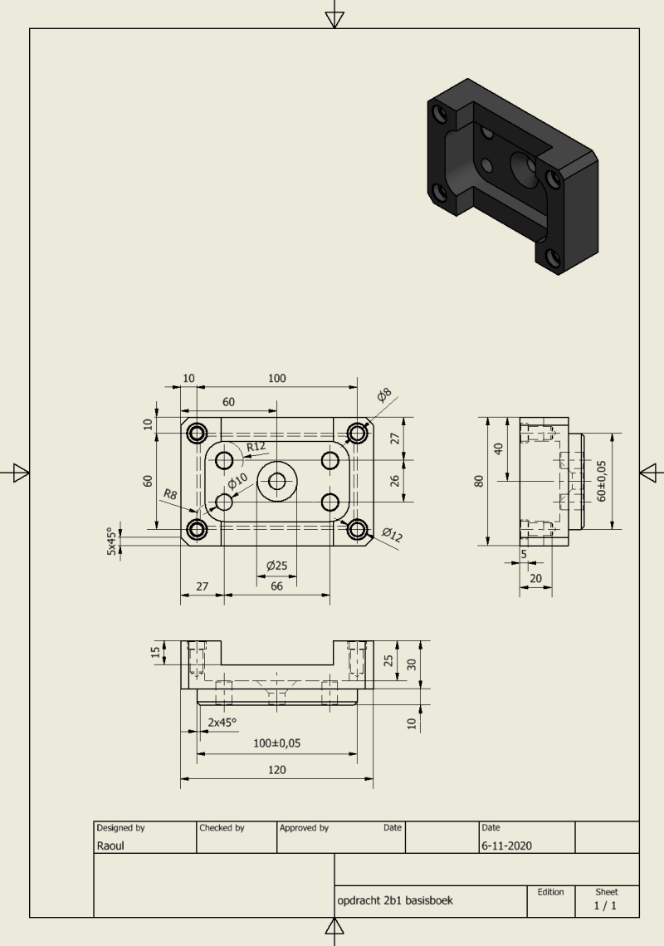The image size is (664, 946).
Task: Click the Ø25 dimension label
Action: (x=277, y=566)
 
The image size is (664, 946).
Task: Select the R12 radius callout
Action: (x=256, y=447)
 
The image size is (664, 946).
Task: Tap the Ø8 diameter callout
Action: (x=384, y=395)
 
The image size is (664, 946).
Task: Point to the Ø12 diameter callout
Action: (x=392, y=534)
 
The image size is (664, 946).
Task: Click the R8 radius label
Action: (x=170, y=494)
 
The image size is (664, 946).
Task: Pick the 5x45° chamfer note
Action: (x=111, y=542)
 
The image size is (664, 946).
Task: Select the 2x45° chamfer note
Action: (x=222, y=723)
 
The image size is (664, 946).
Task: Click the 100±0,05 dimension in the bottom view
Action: (x=277, y=743)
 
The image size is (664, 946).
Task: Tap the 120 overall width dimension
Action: (x=277, y=770)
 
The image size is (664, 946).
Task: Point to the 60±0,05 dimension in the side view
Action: (x=601, y=481)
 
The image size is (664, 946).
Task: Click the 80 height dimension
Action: (x=479, y=481)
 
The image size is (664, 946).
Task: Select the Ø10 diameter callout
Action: (x=237, y=481)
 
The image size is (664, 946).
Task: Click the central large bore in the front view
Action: (x=277, y=482)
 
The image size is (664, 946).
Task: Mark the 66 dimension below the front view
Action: (x=277, y=586)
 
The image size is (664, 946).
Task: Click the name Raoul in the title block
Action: (x=110, y=846)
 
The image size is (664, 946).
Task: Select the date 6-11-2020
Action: (x=506, y=846)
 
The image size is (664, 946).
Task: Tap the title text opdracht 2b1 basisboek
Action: (x=395, y=901)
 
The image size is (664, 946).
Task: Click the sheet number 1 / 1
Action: (x=606, y=905)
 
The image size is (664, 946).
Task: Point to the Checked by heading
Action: (x=222, y=828)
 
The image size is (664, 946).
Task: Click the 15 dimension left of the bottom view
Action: (x=156, y=652)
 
